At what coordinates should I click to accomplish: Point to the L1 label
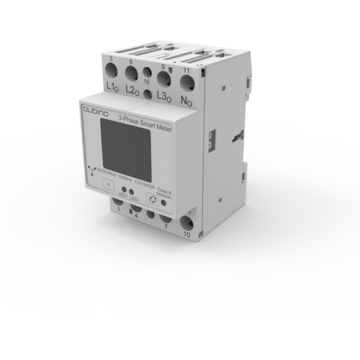click(x=112, y=88)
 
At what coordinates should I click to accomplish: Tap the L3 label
click(x=164, y=94)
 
